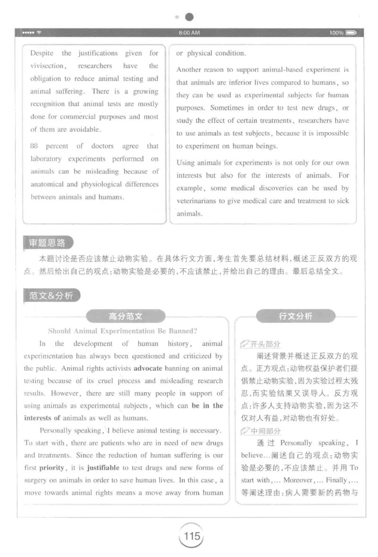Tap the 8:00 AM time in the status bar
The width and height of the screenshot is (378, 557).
click(x=189, y=33)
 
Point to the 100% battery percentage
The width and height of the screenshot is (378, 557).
click(x=336, y=33)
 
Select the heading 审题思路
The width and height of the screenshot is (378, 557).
click(x=47, y=243)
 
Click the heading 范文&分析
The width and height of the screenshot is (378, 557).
click(x=51, y=296)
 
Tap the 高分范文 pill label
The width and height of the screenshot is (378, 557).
click(x=125, y=316)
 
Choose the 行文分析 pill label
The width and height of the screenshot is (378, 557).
click(x=295, y=316)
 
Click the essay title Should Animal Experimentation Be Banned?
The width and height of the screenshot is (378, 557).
click(x=122, y=331)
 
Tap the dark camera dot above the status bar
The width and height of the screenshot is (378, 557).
click(x=189, y=17)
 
